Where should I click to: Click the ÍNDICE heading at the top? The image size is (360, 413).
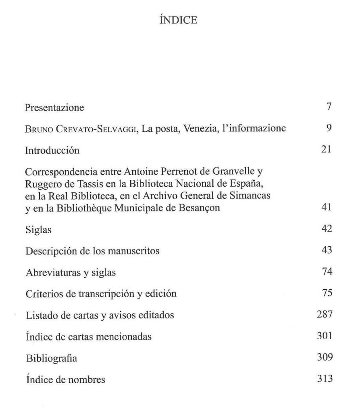click(178, 20)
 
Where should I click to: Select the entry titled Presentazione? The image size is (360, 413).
click(54, 108)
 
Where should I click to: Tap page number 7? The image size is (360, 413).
click(329, 107)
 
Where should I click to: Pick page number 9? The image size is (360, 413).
click(329, 128)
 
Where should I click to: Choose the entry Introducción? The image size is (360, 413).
click(52, 150)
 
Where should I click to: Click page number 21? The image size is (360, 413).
click(327, 150)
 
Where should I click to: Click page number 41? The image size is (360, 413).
click(327, 207)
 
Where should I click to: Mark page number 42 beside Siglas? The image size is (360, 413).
click(327, 229)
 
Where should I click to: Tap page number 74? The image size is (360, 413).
click(327, 271)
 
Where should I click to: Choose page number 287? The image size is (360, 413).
click(325, 314)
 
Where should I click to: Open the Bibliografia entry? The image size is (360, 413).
click(51, 358)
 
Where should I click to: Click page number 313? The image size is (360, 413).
click(325, 379)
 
